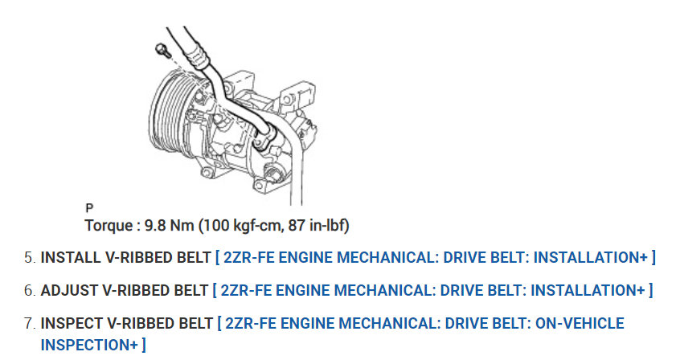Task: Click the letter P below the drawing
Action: tap(89, 208)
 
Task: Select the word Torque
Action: tap(109, 226)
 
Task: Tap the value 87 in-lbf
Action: tap(318, 226)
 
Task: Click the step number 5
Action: tap(29, 258)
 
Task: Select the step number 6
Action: tap(29, 291)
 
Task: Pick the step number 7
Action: tap(29, 323)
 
